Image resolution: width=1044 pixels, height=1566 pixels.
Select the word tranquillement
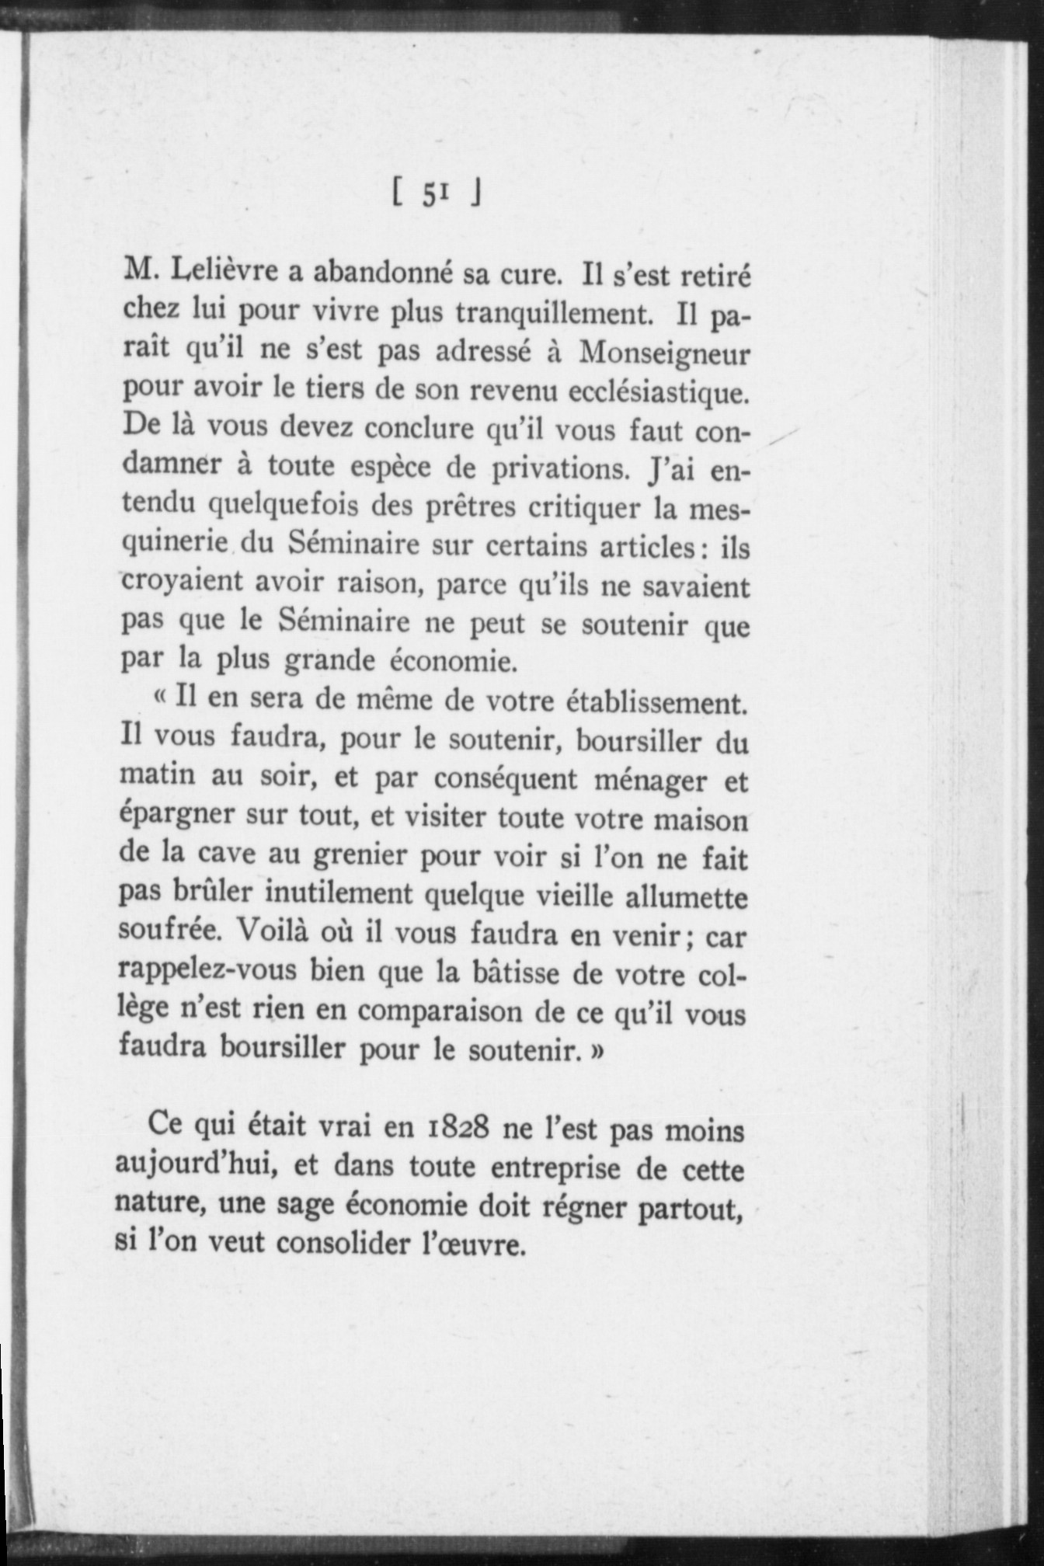coord(552,312)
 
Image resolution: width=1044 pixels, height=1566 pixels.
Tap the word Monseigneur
coord(665,354)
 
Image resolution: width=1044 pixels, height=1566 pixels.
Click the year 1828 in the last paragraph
coord(457,1128)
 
